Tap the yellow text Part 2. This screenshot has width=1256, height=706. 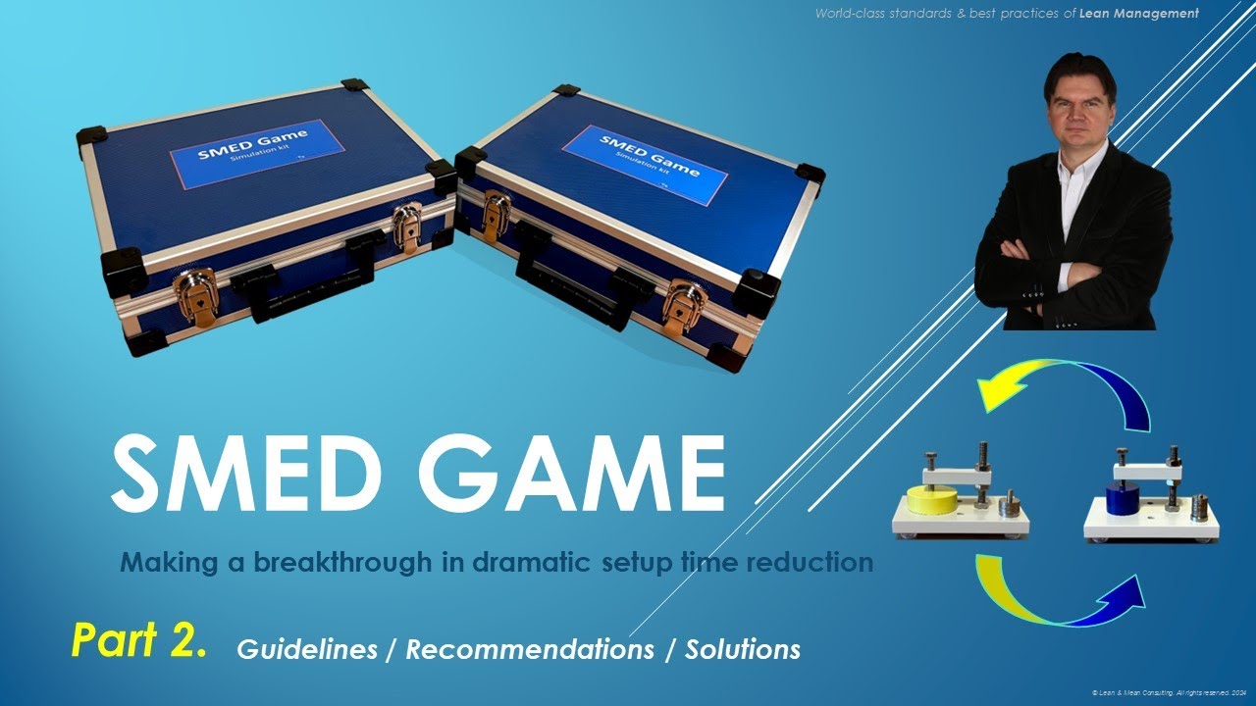[x=139, y=639]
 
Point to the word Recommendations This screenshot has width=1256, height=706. [x=530, y=649]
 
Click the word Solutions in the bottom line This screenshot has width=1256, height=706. [x=743, y=649]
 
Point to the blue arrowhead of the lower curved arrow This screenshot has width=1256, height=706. [x=1128, y=592]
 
